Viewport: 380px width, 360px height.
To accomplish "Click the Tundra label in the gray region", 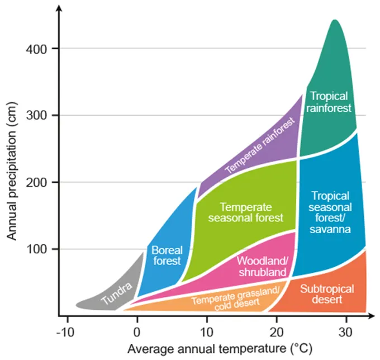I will pos(117,295).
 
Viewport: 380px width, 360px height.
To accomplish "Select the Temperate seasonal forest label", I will pos(245,212).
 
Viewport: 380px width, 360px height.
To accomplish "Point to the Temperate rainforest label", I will pos(254,153).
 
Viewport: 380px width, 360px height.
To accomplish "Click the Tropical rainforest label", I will pos(331,102).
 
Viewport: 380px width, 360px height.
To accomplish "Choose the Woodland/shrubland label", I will pos(262,266).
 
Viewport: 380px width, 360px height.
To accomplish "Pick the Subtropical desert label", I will pos(327,294).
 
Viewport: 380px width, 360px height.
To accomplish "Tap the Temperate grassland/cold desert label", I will pos(235,297).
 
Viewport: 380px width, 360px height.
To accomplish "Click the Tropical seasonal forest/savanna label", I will pos(331,212).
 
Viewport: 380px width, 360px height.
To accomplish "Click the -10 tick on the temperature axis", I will pos(67,329).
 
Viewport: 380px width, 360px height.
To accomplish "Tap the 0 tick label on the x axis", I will pos(137,329).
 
